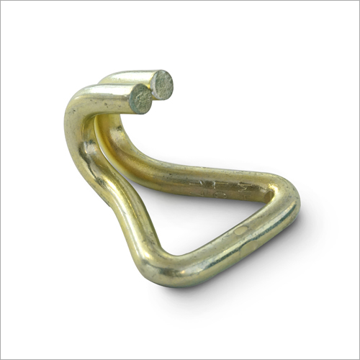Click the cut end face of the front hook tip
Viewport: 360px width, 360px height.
click(140, 99)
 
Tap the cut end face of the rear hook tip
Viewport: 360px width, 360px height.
click(162, 84)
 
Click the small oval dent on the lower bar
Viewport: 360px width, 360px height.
click(240, 230)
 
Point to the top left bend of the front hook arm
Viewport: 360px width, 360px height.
click(79, 104)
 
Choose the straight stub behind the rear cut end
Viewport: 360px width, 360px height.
click(137, 78)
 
